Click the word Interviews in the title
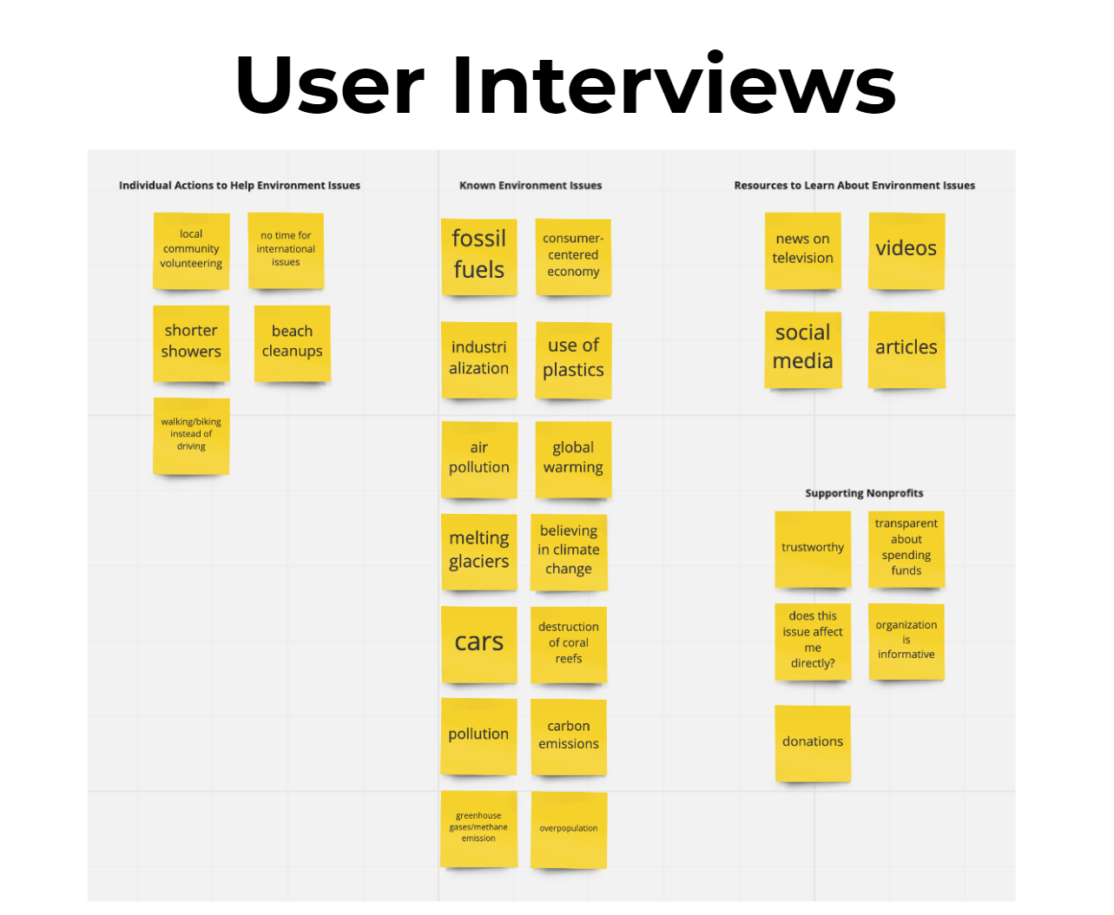[674, 83]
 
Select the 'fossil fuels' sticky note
[478, 257]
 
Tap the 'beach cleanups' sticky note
[292, 344]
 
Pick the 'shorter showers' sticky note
[191, 344]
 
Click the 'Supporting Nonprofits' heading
[864, 493]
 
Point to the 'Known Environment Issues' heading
[531, 186]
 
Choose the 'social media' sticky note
[802, 350]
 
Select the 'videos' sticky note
[906, 251]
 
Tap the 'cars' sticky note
[479, 644]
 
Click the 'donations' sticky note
[813, 743]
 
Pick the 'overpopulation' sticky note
[569, 829]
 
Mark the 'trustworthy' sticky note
[813, 550]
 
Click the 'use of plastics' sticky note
[573, 360]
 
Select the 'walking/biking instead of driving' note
[191, 437]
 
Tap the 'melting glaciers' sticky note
[479, 552]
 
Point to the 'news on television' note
[802, 251]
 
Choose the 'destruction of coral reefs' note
[569, 644]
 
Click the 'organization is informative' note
[906, 642]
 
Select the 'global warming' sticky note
[573, 459]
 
